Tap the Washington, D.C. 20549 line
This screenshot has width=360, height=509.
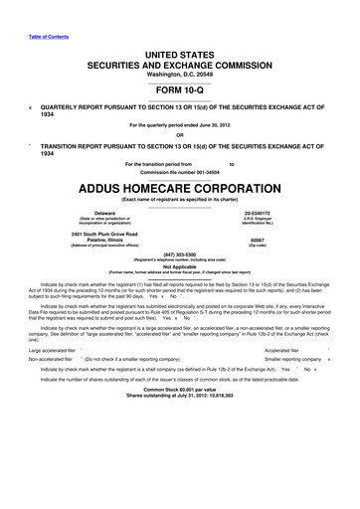[x=180, y=75]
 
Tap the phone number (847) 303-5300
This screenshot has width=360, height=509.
[x=180, y=254]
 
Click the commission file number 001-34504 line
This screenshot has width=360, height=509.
[x=180, y=169]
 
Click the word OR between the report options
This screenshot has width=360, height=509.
[x=180, y=136]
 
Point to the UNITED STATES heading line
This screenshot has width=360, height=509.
[x=180, y=50]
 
